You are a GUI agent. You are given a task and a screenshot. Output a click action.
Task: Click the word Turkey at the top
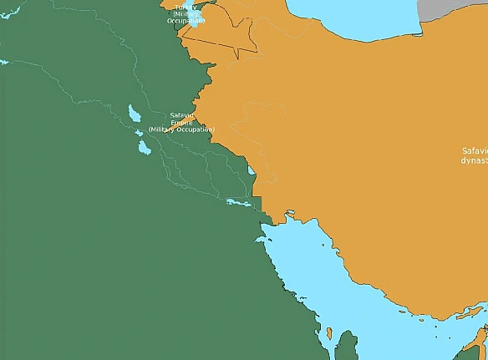coord(181,7)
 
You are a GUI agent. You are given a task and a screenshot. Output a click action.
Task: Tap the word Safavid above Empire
coord(180,114)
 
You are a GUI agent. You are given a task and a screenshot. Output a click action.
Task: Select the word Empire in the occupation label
coord(181,122)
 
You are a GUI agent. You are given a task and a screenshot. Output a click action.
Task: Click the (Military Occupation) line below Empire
coord(181,129)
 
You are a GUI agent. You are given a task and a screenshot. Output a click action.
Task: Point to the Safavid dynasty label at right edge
coord(474,155)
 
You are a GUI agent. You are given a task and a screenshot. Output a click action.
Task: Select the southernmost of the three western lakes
coord(144,147)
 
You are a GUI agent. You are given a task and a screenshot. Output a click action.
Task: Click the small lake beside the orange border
coord(252,174)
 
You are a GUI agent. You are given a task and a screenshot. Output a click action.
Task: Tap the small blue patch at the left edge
coord(3,62)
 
